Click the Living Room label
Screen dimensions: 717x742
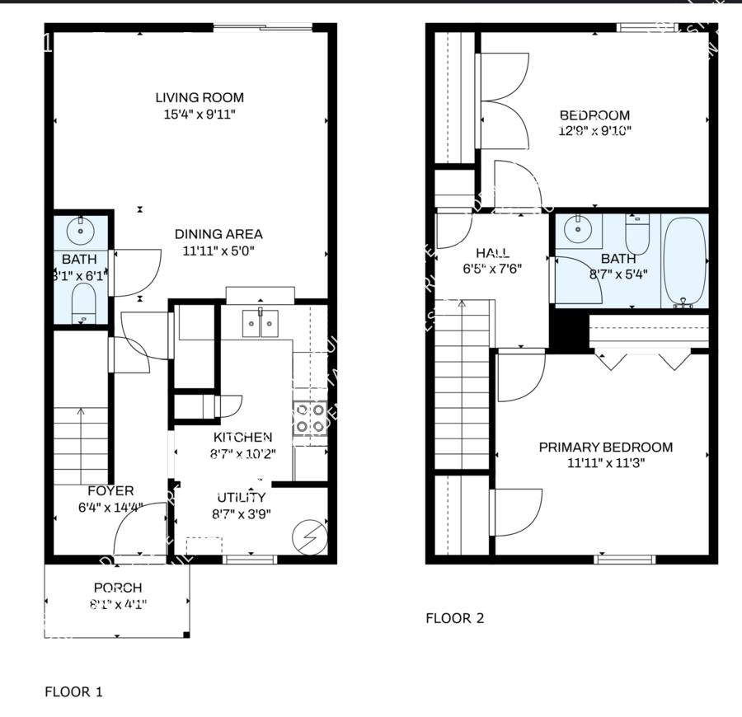point(200,98)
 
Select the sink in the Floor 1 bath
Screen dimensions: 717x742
point(81,230)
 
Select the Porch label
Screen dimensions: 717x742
point(117,588)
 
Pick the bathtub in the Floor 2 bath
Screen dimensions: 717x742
point(683,260)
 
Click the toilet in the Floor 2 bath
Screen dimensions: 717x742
point(638,235)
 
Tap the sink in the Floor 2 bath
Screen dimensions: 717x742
point(580,231)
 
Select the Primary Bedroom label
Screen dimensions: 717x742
point(605,448)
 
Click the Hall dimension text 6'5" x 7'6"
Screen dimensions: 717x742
point(492,269)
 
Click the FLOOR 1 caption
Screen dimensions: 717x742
point(73,691)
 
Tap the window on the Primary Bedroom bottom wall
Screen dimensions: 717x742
point(625,560)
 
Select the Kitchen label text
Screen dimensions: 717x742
point(242,437)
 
